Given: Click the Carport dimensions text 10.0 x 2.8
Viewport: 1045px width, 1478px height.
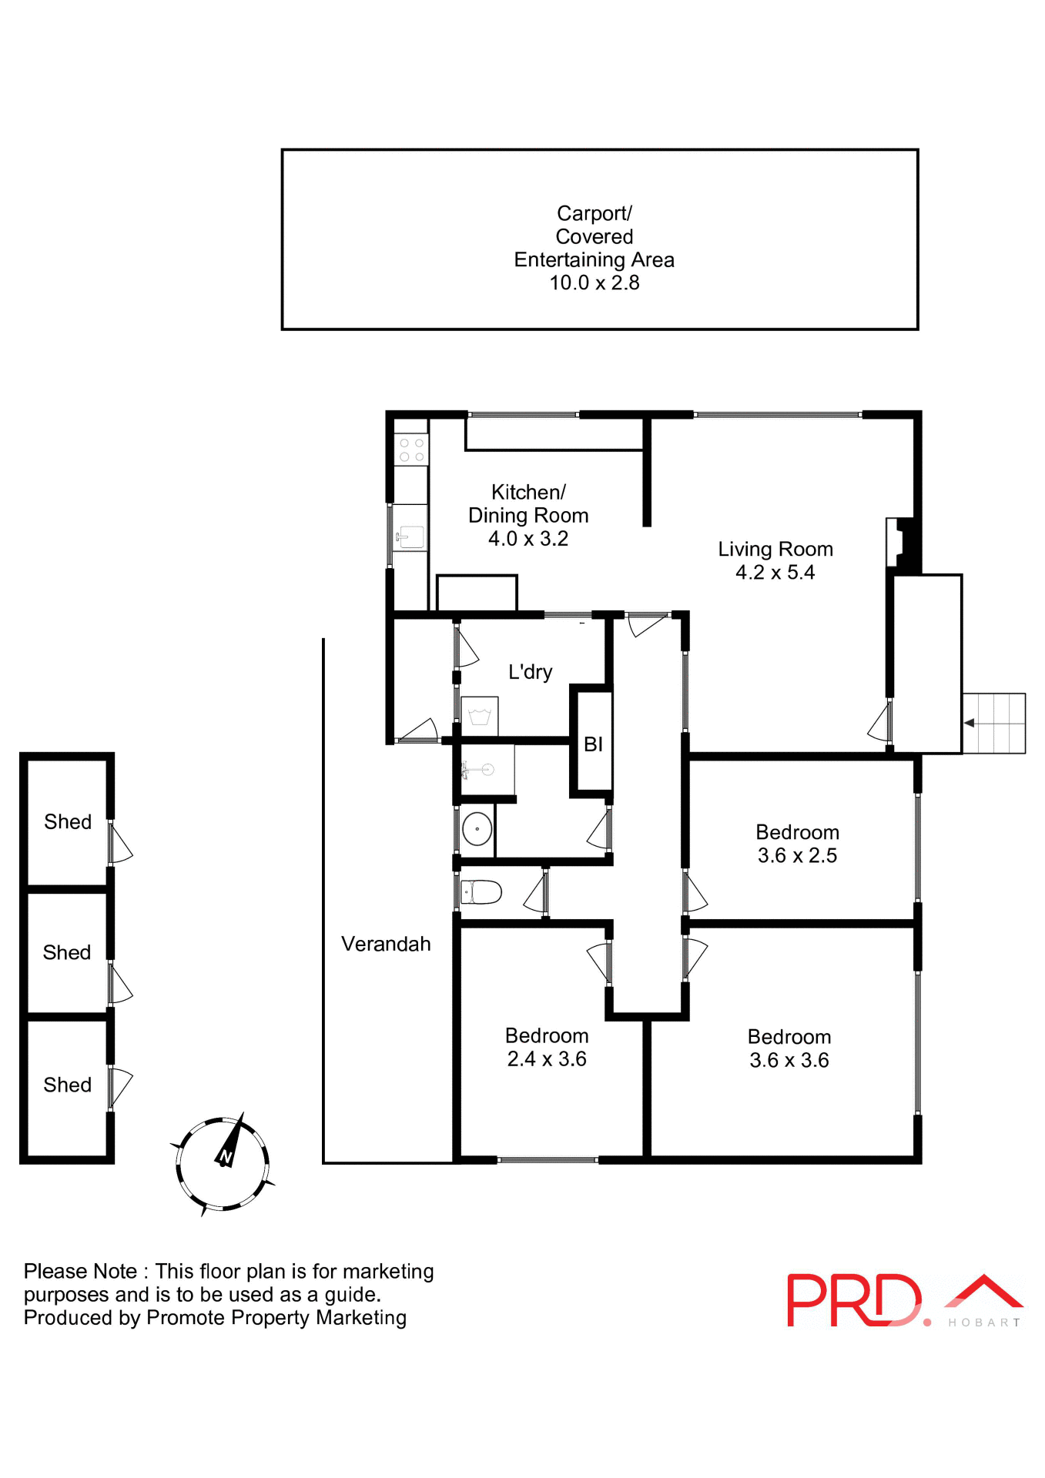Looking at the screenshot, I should [x=594, y=283].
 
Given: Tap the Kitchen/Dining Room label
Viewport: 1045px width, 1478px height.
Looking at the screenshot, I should [x=528, y=503].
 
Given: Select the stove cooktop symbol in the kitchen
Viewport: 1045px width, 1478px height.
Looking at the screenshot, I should [x=411, y=450].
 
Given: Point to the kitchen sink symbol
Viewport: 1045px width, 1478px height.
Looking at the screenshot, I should [x=410, y=537].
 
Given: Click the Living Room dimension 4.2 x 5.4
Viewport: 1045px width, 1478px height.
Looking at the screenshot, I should [x=775, y=572].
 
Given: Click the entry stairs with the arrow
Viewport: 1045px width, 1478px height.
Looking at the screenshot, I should [x=993, y=723].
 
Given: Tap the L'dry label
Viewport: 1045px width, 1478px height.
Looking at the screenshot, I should [x=530, y=672].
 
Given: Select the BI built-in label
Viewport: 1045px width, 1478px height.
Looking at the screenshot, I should [x=593, y=744].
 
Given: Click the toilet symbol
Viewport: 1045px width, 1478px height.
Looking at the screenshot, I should [x=482, y=892].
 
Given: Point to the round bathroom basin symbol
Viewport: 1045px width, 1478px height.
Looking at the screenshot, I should [x=477, y=829].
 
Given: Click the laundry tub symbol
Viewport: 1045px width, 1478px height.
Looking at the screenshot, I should [x=480, y=717].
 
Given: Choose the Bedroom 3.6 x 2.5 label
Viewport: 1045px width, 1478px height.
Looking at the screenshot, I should [x=797, y=844].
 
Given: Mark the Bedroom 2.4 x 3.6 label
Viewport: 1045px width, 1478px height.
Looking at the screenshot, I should [x=547, y=1047].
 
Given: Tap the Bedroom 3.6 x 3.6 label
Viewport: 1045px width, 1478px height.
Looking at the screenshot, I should [x=789, y=1048].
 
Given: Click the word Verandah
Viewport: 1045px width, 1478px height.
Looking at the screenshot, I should [x=386, y=944].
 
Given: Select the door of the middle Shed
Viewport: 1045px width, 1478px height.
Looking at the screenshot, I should [x=120, y=983].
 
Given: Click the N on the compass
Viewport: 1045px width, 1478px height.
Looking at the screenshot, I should [x=226, y=1156].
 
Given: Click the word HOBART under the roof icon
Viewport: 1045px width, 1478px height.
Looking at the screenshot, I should [x=984, y=1323].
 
